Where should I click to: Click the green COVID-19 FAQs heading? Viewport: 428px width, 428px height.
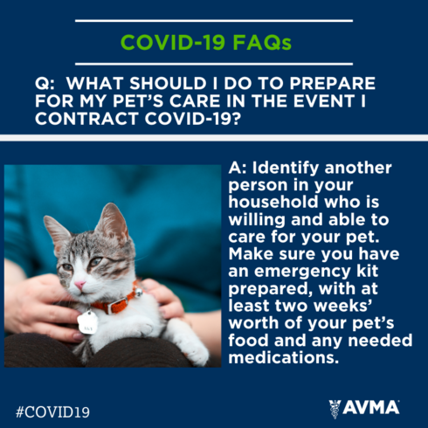coord(206,43)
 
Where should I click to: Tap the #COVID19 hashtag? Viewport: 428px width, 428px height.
coord(52,412)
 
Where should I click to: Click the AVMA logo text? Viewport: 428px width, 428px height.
coord(370,407)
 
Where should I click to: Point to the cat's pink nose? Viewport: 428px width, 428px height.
coord(79,285)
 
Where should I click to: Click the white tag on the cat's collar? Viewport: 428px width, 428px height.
coord(87,322)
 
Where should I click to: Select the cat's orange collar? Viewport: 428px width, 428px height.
coord(116,303)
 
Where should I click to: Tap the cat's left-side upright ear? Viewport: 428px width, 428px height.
coord(56,230)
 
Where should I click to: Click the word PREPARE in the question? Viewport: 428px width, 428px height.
coord(332,84)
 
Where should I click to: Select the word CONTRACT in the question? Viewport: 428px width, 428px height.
coord(86,119)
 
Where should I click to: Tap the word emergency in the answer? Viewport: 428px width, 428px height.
coord(302,272)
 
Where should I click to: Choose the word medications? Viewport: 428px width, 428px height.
coord(284,357)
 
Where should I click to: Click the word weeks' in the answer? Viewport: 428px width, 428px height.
coord(343,306)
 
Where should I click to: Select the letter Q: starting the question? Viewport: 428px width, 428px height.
coord(45,84)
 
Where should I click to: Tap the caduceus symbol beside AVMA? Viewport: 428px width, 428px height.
coord(335,409)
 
